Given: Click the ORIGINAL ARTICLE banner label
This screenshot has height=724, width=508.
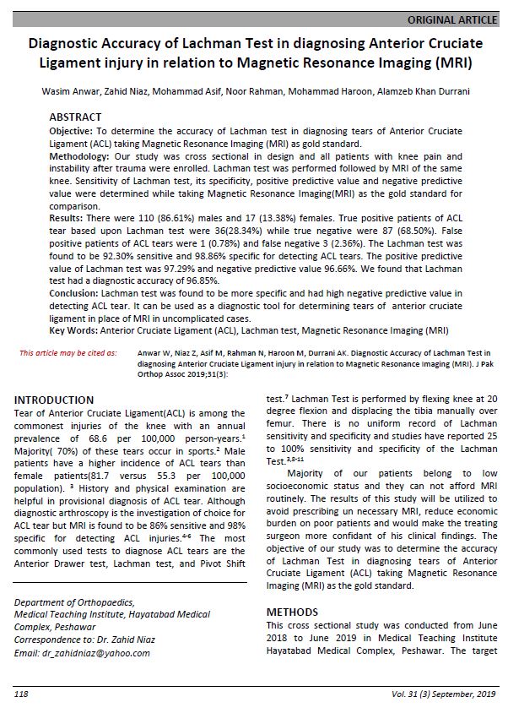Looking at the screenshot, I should [x=451, y=19].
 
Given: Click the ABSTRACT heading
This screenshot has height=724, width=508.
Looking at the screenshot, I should [x=75, y=117].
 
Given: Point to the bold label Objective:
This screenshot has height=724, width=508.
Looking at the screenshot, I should [x=73, y=133].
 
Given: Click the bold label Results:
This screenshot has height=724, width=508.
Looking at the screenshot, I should [x=68, y=218].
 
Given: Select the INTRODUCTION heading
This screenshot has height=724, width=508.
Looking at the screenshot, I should [x=54, y=400].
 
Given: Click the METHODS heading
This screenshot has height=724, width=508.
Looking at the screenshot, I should [x=292, y=612].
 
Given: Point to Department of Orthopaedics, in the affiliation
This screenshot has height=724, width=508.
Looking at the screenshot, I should [x=74, y=602].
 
